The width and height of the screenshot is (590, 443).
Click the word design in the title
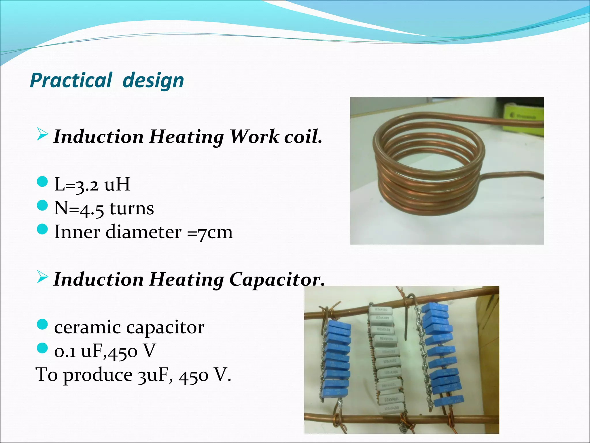pos(153,80)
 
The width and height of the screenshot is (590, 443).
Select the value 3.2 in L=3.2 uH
pos(87,185)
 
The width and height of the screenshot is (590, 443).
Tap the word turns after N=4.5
pos(132,208)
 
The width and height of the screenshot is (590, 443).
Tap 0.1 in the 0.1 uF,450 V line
pos(65,351)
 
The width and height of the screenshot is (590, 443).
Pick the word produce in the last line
pos(98,375)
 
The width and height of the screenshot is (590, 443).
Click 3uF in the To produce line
pos(153,375)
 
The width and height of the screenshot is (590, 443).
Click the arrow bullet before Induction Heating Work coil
pos(42,134)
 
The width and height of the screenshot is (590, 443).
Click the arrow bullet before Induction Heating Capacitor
pos(42,277)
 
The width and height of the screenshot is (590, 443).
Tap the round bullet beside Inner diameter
pos(42,230)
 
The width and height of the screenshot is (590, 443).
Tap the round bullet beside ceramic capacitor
pos(42,325)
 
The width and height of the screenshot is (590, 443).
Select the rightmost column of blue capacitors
pos(441,355)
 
